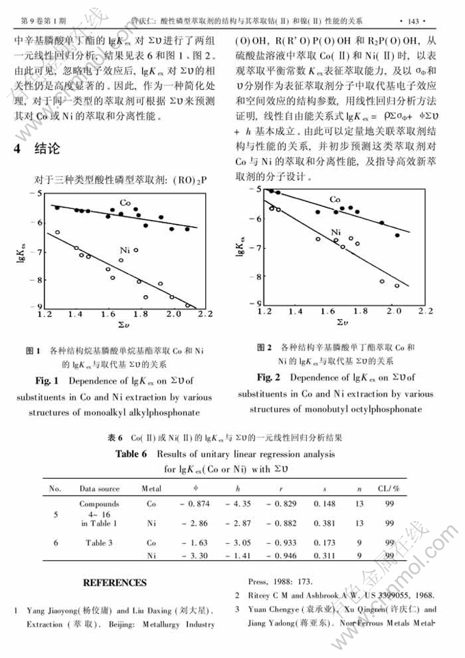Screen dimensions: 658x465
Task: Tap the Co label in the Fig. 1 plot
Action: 125,203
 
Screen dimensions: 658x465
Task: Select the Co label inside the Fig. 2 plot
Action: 335,200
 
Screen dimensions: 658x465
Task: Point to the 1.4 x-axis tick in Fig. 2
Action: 295,311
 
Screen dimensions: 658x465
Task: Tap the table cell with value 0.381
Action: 323,524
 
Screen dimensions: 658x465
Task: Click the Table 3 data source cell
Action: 99,542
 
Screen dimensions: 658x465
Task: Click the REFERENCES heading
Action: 114,583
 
